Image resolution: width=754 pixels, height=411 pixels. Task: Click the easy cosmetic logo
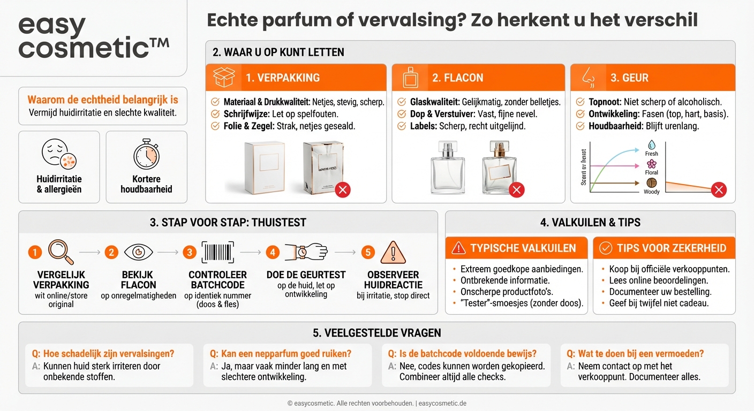[93, 36]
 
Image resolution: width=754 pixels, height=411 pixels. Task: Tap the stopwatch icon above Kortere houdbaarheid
[146, 154]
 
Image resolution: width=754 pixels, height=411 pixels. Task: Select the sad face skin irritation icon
[59, 154]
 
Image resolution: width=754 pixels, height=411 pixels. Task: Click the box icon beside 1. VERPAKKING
[224, 78]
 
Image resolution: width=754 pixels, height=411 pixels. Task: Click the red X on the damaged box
[343, 189]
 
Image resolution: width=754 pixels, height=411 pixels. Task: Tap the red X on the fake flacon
[516, 189]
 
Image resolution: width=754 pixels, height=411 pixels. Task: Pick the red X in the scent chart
[719, 189]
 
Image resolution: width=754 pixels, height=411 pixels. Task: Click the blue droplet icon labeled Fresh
[652, 144]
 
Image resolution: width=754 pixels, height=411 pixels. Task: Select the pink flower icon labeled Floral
[652, 164]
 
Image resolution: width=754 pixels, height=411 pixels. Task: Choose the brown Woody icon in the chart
[652, 183]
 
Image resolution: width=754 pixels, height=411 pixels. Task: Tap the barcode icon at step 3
[218, 252]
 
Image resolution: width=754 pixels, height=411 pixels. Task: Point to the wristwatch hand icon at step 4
[305, 252]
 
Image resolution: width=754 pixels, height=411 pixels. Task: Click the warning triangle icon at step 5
[393, 252]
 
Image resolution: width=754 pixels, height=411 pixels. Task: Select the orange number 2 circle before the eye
[111, 252]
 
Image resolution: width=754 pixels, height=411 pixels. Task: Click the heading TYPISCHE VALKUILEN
[523, 248]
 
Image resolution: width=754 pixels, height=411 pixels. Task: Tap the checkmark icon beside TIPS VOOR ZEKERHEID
[606, 248]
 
